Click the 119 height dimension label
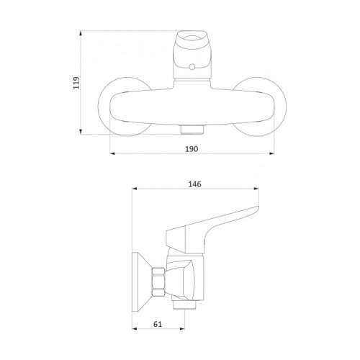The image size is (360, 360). pyautogui.click(x=76, y=83)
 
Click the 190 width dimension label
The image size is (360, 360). pyautogui.click(x=192, y=149)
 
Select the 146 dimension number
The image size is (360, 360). pyautogui.click(x=194, y=184)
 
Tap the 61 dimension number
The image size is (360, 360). pyautogui.click(x=158, y=324)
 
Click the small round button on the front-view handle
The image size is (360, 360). pyautogui.click(x=192, y=67)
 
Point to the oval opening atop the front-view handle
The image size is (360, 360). pyautogui.click(x=192, y=40)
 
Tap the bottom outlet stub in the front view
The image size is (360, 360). pyautogui.click(x=192, y=130)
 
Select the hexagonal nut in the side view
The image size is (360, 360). pyautogui.click(x=158, y=282)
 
